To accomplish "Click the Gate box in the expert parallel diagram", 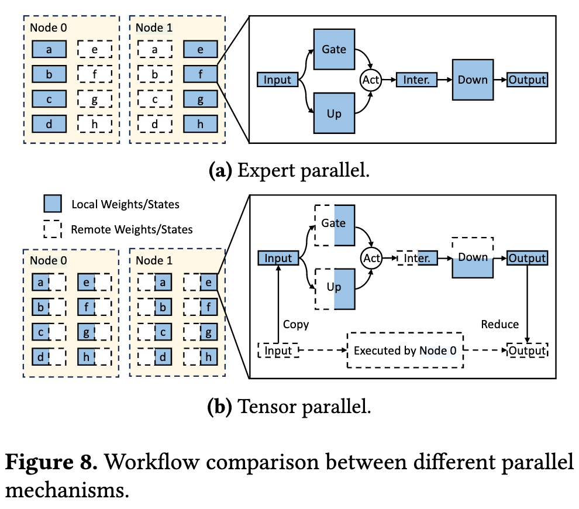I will (334, 49).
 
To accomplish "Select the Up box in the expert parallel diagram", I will (334, 113).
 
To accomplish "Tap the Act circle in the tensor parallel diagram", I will (371, 258).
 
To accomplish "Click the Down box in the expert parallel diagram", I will (473, 80).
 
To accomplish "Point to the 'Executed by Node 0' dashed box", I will (405, 350).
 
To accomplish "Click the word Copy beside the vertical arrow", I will (296, 324).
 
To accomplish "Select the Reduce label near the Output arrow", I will (500, 324).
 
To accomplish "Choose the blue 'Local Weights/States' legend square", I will (53, 204).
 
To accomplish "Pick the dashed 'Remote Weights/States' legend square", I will (53, 229).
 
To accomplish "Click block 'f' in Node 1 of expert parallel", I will (200, 74).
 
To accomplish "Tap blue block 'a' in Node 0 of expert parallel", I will (49, 50).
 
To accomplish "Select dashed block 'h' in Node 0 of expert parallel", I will (95, 124).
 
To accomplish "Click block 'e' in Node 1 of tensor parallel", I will (200, 283).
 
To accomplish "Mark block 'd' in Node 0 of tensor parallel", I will (49, 356).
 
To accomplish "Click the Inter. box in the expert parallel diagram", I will (416, 80).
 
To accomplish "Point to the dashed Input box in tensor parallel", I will (278, 350).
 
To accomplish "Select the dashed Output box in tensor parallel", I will (528, 350).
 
